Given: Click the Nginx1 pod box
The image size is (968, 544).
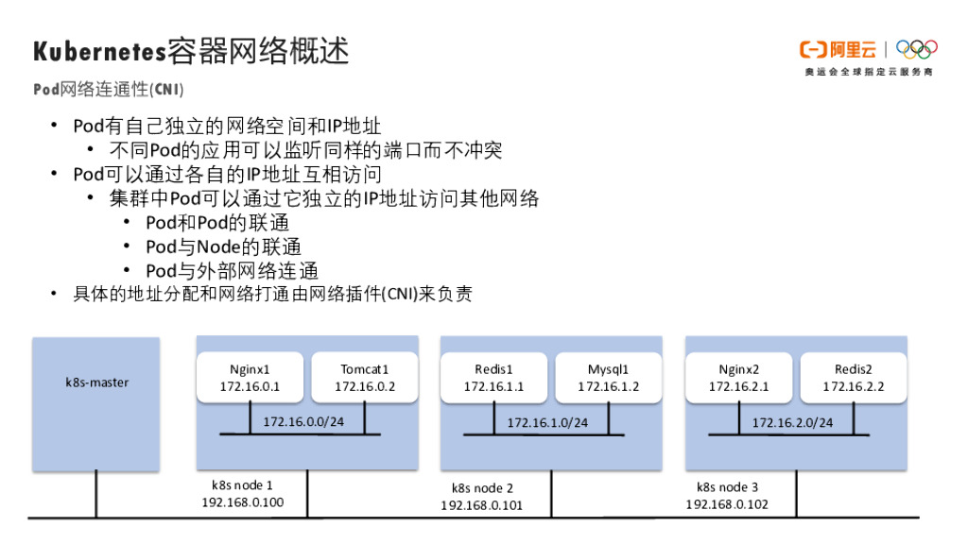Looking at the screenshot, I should [250, 378].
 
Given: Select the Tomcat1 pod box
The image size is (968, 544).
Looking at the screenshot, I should [365, 378].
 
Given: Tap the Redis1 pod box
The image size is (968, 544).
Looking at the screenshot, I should [493, 378].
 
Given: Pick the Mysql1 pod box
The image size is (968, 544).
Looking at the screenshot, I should [608, 378].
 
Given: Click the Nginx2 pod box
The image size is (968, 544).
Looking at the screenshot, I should [738, 378].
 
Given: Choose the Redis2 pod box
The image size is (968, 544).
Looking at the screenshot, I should [853, 378].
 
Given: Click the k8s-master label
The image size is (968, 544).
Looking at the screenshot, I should [96, 382].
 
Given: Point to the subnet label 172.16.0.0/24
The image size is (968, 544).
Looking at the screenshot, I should [303, 421].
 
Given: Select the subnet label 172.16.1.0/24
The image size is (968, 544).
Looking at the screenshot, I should [547, 422].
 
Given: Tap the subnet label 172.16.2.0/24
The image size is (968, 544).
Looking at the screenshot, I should [792, 422].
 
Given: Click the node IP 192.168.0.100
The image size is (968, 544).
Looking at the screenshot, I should [242, 502].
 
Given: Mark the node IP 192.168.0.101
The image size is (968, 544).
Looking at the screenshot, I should [481, 505].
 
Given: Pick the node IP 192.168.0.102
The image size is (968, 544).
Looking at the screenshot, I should [727, 504].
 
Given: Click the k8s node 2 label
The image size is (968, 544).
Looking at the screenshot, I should [482, 488].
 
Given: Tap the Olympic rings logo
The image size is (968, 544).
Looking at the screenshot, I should [916, 48].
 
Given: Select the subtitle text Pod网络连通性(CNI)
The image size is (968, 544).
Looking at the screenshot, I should [108, 90].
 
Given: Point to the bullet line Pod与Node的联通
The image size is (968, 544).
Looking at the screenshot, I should [223, 246].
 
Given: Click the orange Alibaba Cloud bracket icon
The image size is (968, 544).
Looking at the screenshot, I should [814, 49].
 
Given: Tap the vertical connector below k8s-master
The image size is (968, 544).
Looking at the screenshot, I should [96, 493].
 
